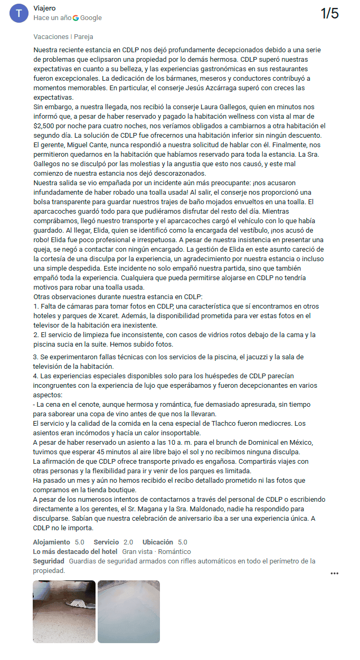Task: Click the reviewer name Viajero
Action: [44, 8]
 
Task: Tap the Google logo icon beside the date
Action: [76, 18]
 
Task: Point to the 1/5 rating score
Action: [329, 14]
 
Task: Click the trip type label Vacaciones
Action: [50, 37]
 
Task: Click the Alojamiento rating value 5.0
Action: [79, 542]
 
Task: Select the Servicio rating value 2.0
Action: [128, 542]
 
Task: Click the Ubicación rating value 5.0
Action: [182, 542]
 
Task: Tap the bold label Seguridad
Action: [49, 561]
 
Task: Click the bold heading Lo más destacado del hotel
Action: [74, 552]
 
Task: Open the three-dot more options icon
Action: [334, 573]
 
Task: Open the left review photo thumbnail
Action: [64, 611]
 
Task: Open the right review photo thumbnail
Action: [128, 611]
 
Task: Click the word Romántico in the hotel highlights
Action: [175, 552]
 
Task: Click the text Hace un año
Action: [52, 18]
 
